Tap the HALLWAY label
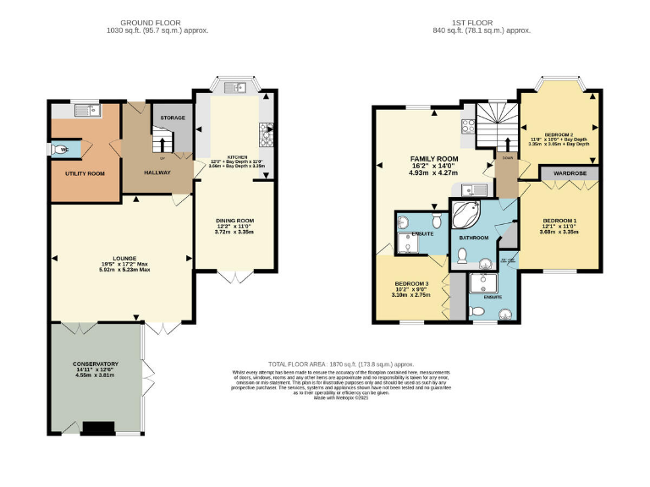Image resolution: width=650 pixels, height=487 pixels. coord(157,172)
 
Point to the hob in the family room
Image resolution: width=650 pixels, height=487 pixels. coord(466,127)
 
